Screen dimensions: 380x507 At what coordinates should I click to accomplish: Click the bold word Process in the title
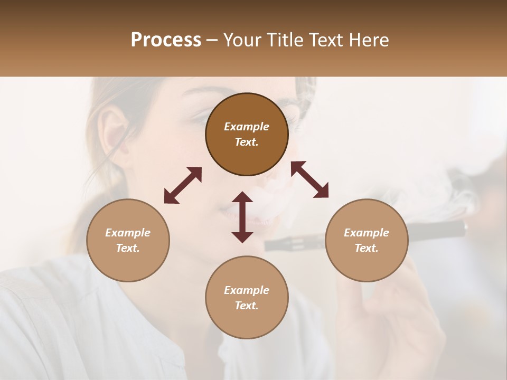coord(166,40)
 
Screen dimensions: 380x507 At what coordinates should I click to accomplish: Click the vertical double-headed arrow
coord(242,217)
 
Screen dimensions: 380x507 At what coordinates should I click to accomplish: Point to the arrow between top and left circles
coord(183,185)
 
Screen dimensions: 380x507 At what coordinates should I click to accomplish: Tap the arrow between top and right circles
coord(309,179)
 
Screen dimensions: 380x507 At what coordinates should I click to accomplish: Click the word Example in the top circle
coord(247,127)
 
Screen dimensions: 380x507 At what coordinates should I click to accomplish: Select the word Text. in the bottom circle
coord(247,306)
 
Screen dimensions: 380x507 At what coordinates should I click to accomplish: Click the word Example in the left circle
coord(128,233)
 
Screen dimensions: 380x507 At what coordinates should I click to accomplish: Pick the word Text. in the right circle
coord(367,248)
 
